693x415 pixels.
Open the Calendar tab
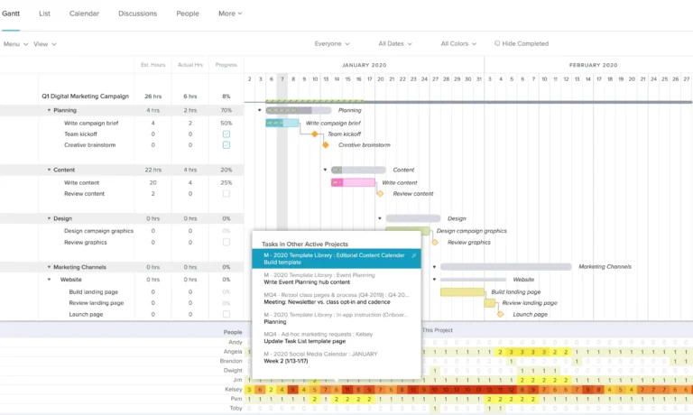click(84, 14)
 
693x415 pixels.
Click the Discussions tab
click(138, 14)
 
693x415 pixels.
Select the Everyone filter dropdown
click(332, 43)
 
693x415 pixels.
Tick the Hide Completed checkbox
click(497, 43)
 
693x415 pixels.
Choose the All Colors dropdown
click(458, 43)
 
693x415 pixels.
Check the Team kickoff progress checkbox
click(226, 134)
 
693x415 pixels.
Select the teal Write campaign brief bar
click(282, 123)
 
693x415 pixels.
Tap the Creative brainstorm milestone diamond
click(327, 144)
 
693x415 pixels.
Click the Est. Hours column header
click(152, 65)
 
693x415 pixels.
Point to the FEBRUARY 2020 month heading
click(593, 65)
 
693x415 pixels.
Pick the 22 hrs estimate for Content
click(152, 170)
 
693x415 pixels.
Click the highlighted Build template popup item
click(336, 259)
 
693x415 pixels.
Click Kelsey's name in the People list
click(234, 389)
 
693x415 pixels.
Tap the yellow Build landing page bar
click(462, 292)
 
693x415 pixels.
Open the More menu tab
click(230, 14)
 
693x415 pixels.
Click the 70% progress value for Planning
click(226, 110)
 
